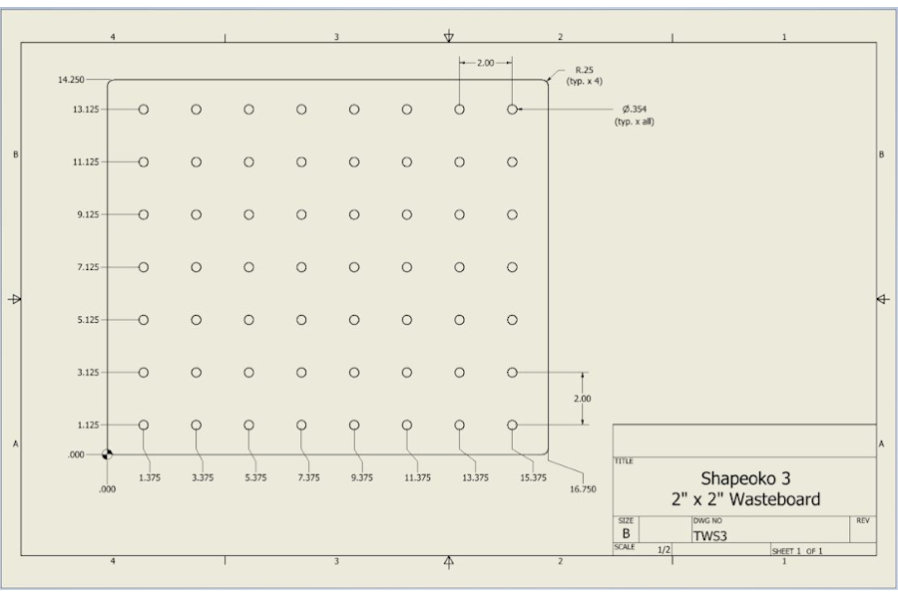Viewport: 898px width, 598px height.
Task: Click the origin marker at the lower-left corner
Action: tap(107, 454)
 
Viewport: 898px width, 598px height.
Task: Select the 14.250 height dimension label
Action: tap(71, 80)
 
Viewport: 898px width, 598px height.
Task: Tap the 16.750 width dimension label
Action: tap(583, 489)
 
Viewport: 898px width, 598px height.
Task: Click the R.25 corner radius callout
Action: tap(584, 70)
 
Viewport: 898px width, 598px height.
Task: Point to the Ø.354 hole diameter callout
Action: tap(635, 109)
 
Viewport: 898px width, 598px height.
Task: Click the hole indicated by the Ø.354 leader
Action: tap(512, 110)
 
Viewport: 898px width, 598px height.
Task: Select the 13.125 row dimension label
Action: tap(86, 110)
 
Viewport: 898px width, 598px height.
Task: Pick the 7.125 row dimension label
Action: tap(88, 267)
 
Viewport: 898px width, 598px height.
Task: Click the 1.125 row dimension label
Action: tap(88, 426)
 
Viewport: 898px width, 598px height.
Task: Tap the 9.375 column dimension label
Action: tap(362, 477)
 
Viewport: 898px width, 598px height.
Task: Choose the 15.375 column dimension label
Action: tap(533, 477)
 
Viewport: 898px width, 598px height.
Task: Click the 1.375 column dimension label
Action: tap(150, 477)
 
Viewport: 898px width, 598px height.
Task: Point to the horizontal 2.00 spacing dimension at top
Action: tap(486, 63)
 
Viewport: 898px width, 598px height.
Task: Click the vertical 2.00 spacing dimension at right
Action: tap(583, 399)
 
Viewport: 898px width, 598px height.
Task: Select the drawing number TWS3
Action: tap(710, 536)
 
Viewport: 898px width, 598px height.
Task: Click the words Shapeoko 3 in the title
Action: tap(745, 478)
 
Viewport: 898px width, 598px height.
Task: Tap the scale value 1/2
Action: tap(664, 550)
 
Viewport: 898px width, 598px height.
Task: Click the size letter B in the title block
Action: tap(626, 533)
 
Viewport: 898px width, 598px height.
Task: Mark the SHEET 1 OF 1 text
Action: tap(797, 551)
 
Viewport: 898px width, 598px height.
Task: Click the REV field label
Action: tap(862, 520)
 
